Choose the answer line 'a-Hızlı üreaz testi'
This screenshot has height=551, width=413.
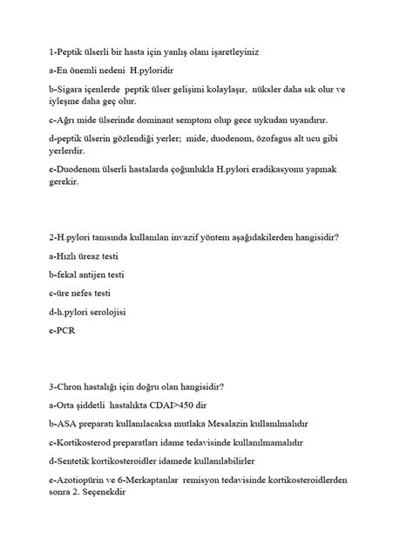pyautogui.click(x=84, y=256)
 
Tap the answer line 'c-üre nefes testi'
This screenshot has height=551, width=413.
pyautogui.click(x=80, y=293)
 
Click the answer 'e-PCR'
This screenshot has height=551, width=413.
pyautogui.click(x=62, y=330)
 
